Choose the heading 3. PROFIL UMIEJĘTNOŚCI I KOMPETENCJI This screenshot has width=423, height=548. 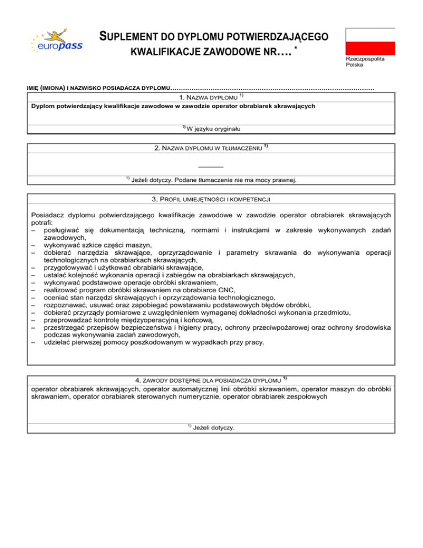point(211,198)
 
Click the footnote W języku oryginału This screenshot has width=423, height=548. point(215,128)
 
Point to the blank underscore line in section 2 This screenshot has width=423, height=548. point(210,166)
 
